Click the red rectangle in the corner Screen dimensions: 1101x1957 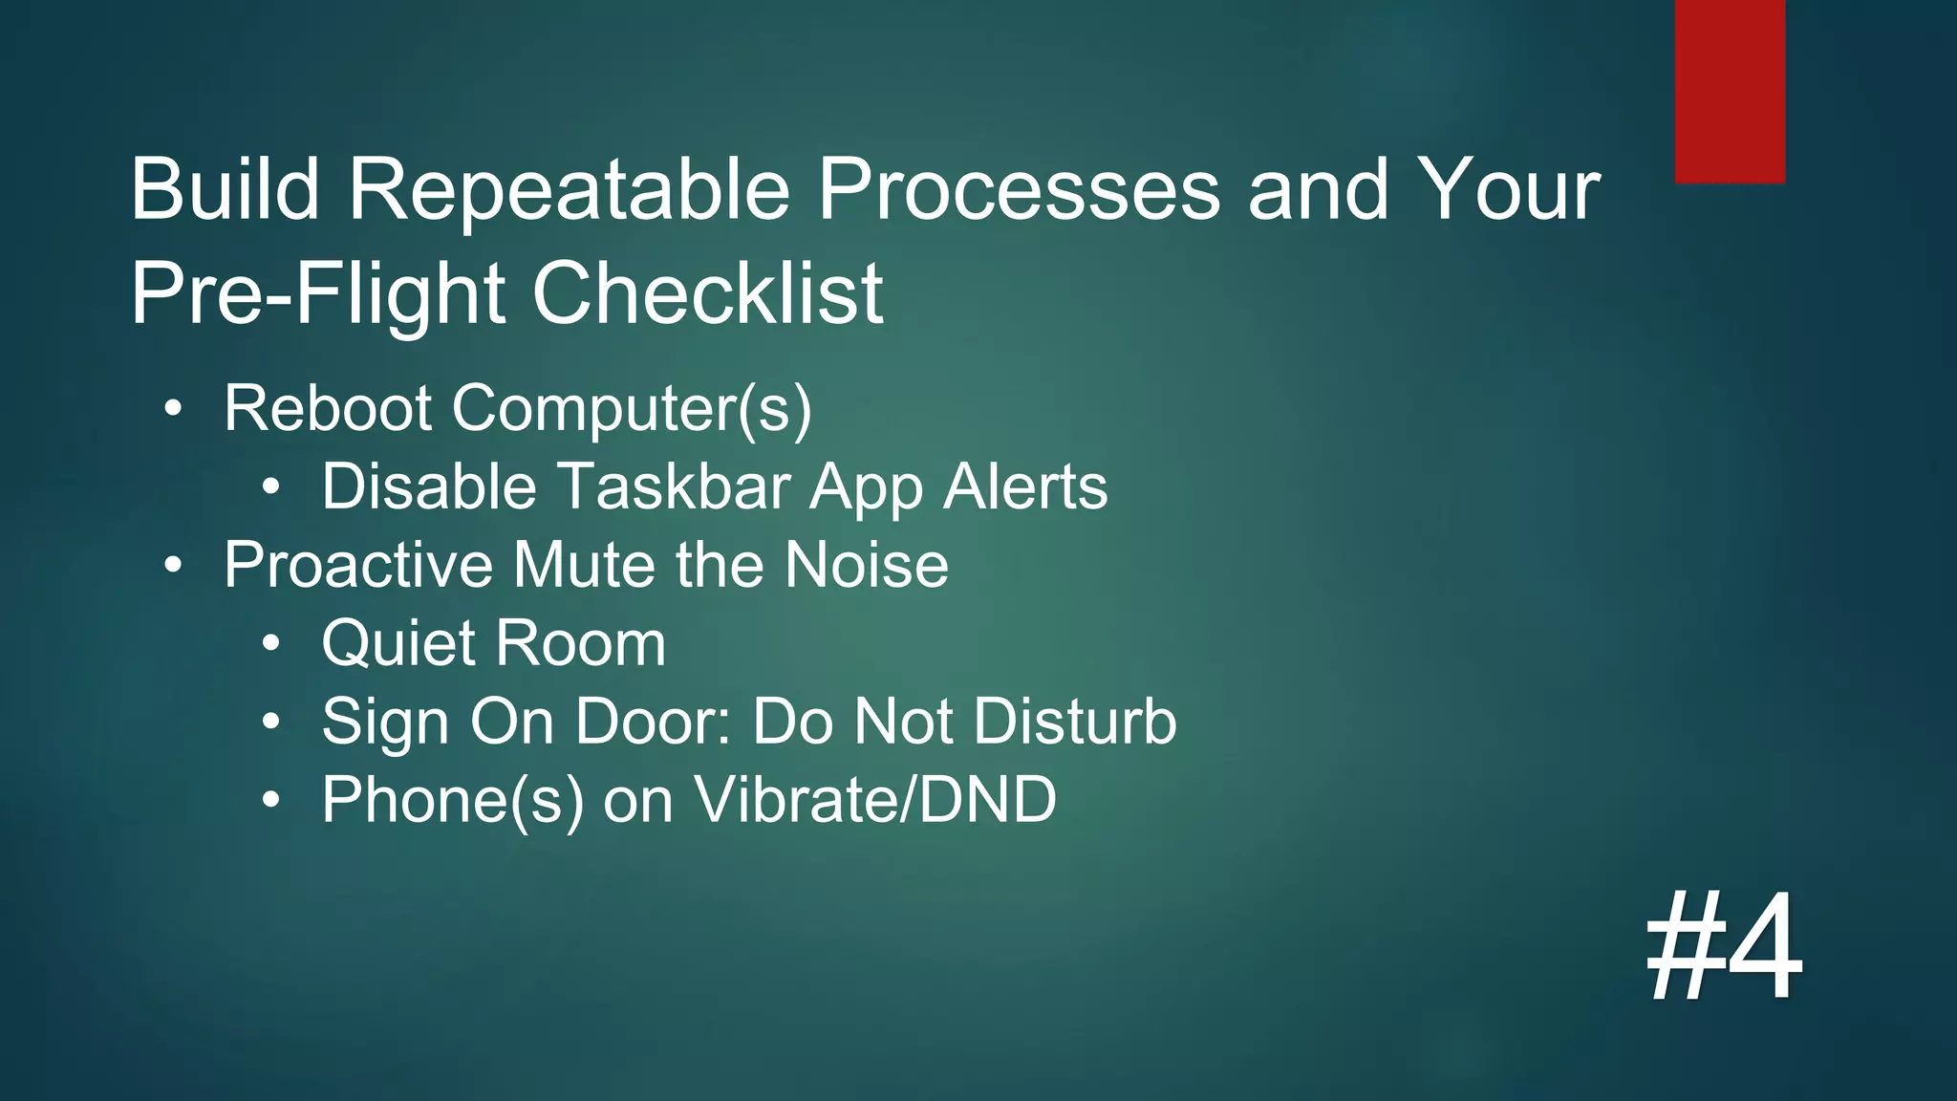[1730, 91]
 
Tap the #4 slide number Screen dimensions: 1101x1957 [1724, 946]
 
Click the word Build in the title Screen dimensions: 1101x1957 [225, 189]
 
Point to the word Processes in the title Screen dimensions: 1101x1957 [1019, 189]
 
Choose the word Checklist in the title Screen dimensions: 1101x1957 [707, 293]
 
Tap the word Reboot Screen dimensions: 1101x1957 [328, 408]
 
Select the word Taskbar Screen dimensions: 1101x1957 [675, 486]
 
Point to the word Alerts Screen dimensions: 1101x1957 [1025, 486]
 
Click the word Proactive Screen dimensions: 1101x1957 [359, 565]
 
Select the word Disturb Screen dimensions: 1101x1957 [1075, 722]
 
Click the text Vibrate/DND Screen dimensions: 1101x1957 [874, 800]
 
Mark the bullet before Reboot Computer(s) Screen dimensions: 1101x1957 [172, 409]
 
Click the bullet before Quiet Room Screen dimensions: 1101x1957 [271, 644]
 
